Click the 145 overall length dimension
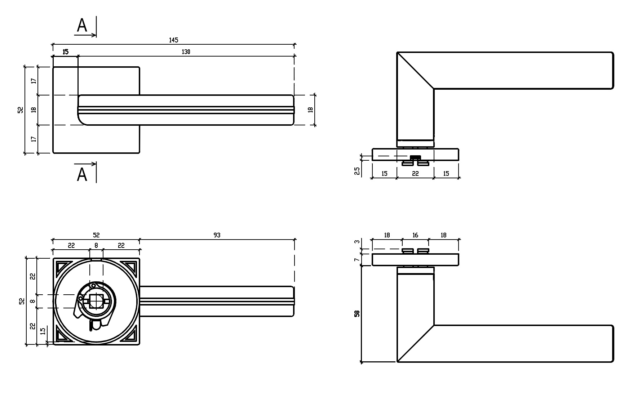174,40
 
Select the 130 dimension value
185,52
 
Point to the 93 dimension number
217,235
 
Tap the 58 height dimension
357,313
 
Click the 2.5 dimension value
357,171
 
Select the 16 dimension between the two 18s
415,235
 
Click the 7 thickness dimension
357,260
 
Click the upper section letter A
82,26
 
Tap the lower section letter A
82,175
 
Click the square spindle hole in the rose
96,301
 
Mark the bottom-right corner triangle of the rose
130,335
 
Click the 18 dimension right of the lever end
310,110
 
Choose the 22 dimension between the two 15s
415,174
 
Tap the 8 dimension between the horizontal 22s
96,246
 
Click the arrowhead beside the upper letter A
94,35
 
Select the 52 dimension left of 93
96,235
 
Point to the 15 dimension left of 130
65,52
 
